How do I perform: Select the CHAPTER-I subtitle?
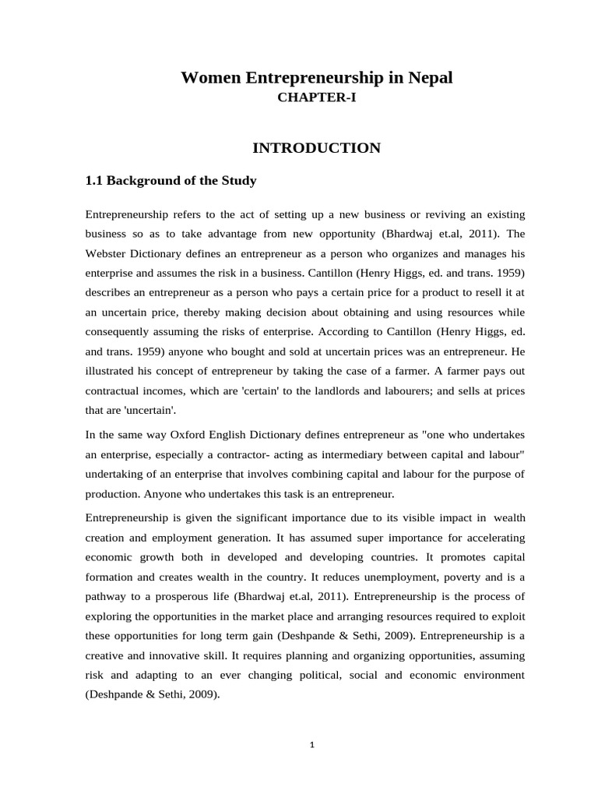click(x=316, y=99)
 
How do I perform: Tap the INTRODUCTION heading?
click(x=316, y=148)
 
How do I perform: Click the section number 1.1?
click(x=93, y=181)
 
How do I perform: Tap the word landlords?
click(x=359, y=391)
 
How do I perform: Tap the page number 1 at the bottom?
click(x=311, y=745)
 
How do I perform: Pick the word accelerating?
click(x=487, y=538)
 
